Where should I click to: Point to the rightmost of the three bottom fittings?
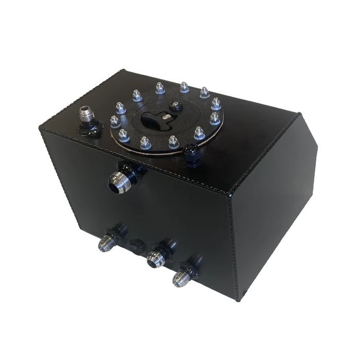tap(184, 275)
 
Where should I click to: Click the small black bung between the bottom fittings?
tap(137, 245)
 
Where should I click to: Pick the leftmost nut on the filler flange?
tap(114, 121)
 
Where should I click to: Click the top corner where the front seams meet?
tap(226, 194)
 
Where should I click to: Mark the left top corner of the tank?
tap(41, 129)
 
